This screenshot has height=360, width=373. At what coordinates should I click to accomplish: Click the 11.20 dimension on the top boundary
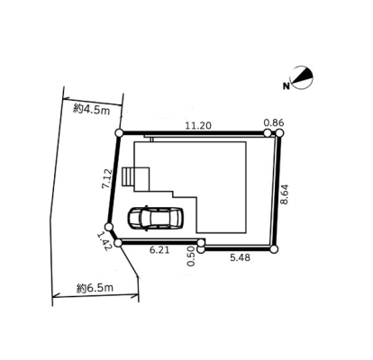198,126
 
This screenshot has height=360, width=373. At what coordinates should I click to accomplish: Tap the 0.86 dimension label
274,122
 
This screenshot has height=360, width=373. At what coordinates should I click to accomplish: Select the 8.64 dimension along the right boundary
284,194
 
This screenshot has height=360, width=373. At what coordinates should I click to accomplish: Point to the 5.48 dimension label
240,257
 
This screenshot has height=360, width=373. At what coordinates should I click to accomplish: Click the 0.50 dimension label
191,256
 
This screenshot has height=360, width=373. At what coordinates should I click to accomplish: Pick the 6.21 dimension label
159,250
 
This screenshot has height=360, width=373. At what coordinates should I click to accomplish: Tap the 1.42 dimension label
105,241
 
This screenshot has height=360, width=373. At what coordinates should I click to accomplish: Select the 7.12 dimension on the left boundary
107,179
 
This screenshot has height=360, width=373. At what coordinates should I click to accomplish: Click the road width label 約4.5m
92,110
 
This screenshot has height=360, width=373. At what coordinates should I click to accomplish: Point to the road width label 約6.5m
95,288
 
